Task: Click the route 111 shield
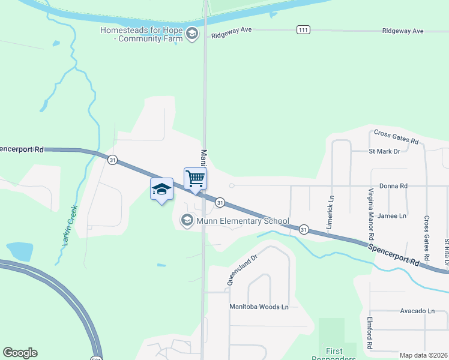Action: tap(303, 29)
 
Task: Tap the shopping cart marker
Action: tap(195, 178)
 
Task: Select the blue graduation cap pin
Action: tap(161, 190)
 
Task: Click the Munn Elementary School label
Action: tap(243, 221)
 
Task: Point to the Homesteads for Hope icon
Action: tap(191, 34)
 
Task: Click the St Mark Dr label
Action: tap(384, 151)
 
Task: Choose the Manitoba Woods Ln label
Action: tap(259, 306)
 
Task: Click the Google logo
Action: tap(20, 353)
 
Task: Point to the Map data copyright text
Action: tap(423, 355)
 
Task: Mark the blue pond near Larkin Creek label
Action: tap(19, 251)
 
